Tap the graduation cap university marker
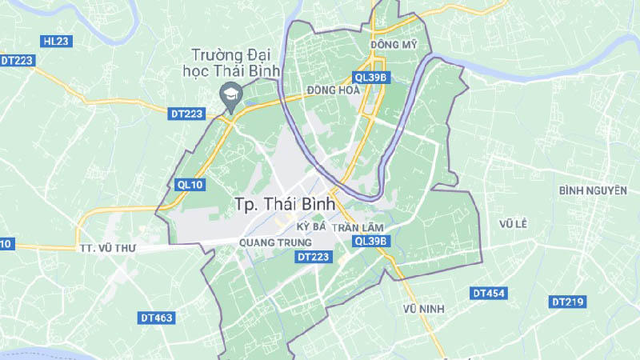click(x=228, y=94)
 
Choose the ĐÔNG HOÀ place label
click(x=333, y=90)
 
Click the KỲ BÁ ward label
click(x=310, y=227)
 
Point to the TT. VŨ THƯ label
click(x=108, y=249)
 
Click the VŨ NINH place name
click(x=424, y=309)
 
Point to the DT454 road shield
click(x=488, y=294)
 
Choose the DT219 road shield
click(x=568, y=302)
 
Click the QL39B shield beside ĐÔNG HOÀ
click(x=370, y=78)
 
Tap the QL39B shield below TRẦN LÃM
click(x=370, y=241)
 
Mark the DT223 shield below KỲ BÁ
click(x=313, y=257)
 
